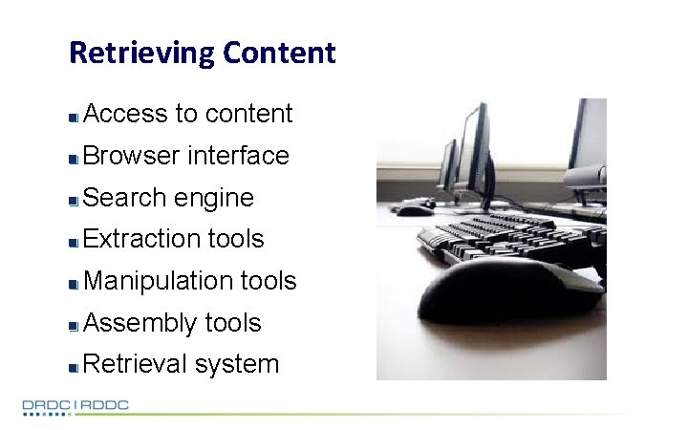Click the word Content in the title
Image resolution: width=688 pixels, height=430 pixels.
pos(280,53)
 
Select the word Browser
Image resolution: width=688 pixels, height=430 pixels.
pos(132,156)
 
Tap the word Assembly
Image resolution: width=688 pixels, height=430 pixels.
pos(140,324)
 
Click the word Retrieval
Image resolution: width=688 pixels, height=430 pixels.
pos(137,364)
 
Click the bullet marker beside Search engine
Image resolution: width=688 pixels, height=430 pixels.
pos(74,200)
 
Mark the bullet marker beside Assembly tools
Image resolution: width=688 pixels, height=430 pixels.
pos(74,325)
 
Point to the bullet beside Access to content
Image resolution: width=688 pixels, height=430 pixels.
pos(74,117)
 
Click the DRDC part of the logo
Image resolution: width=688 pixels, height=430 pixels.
pos(46,406)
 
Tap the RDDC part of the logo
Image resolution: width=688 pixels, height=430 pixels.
pos(105,406)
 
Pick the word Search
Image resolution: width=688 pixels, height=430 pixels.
pos(126,198)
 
